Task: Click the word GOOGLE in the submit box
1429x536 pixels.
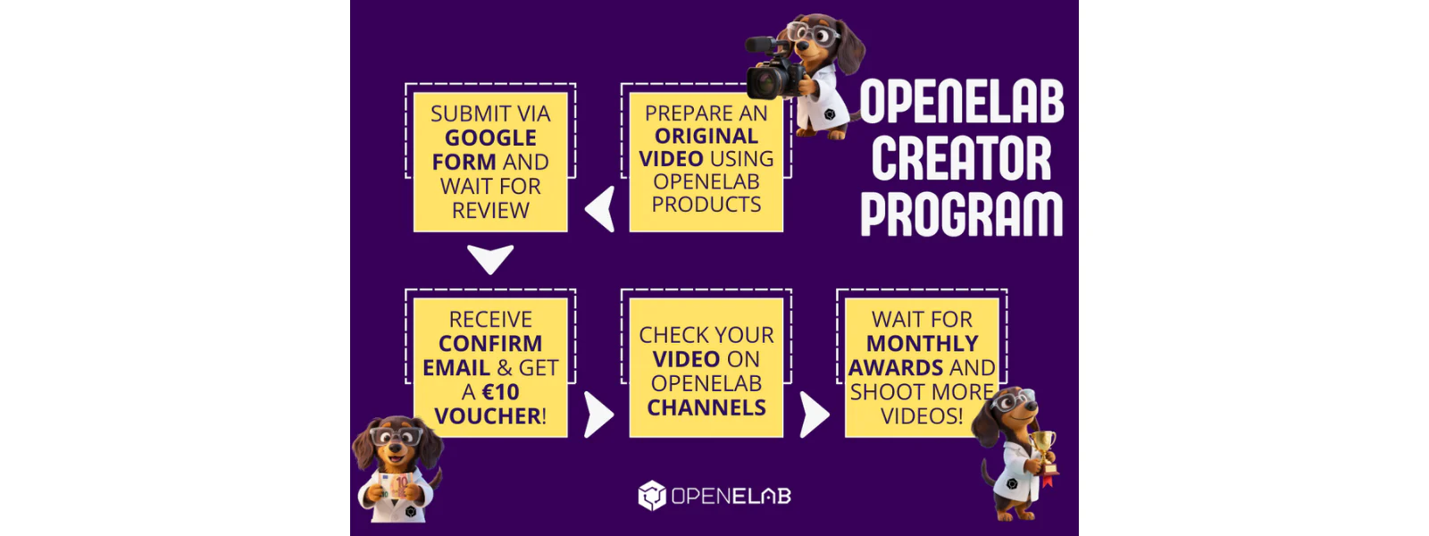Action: pos(490,138)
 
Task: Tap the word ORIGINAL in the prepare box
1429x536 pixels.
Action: pos(706,136)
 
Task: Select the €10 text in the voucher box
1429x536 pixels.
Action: pos(500,392)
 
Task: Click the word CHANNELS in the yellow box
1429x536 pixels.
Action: pos(706,407)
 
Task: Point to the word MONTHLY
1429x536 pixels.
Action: pos(922,343)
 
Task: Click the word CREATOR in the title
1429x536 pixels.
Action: pos(961,158)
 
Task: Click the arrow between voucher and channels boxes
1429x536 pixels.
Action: pos(598,415)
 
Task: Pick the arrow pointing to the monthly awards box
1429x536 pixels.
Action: pos(814,415)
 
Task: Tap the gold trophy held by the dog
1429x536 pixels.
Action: pos(1044,450)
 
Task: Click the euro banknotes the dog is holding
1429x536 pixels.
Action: pos(395,486)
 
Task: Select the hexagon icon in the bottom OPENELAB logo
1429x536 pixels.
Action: pos(651,496)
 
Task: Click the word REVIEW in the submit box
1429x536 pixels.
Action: pos(490,211)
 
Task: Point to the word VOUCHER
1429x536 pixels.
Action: pos(489,416)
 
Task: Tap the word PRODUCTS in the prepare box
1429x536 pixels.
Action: pos(706,205)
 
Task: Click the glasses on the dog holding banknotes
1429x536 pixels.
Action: pos(397,437)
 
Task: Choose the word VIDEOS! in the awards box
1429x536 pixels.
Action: pos(922,416)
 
